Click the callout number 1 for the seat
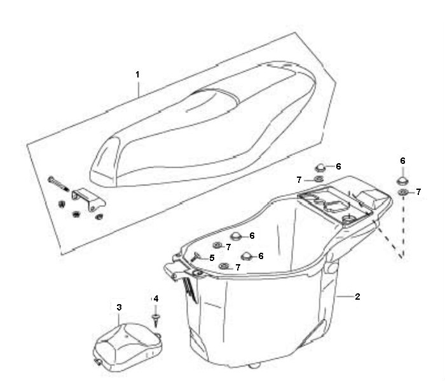[138, 75]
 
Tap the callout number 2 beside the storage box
[357, 297]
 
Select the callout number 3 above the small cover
[120, 307]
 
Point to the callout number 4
[156, 298]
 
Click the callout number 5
[212, 258]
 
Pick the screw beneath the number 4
[156, 320]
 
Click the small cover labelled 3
[128, 347]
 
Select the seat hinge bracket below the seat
[88, 199]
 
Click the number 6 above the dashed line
[402, 161]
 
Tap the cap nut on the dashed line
[402, 180]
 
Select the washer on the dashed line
[402, 192]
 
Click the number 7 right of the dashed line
[418, 192]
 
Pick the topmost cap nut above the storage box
[320, 167]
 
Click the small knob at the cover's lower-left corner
[98, 362]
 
